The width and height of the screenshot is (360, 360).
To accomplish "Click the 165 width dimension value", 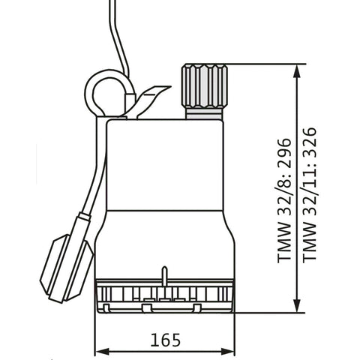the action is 165,340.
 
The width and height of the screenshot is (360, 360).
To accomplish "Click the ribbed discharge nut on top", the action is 205,86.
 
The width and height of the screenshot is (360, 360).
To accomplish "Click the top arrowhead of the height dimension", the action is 297,71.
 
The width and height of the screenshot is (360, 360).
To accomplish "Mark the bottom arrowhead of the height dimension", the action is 297,305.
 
